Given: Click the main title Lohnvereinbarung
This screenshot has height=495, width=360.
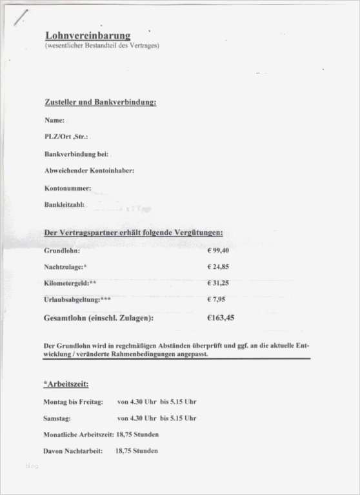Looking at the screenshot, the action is coord(88,35).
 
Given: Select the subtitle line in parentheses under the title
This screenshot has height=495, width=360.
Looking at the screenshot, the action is coord(102,46).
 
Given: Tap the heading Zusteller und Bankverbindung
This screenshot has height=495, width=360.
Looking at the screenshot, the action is coord(101,102).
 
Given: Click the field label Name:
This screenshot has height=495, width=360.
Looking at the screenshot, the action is coord(54,121).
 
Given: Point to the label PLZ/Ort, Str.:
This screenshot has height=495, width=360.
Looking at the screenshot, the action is coord(66,137).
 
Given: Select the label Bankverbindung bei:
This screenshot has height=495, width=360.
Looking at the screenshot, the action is coord(77,155).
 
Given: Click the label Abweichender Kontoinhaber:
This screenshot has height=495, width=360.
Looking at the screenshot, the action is coord(89,171).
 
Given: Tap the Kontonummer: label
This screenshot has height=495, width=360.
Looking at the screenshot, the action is coord(68,188).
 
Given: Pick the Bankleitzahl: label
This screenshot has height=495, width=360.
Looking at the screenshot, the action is coord(65,205).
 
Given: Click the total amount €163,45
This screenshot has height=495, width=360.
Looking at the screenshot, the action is coord(221,318).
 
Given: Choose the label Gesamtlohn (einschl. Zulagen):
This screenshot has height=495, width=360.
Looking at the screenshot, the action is coord(98,318).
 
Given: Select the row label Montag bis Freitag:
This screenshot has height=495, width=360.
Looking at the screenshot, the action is coord(73,402).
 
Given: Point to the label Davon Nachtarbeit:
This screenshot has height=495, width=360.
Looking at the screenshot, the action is coord(72,451).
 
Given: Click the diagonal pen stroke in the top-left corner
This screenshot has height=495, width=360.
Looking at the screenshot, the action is coord(19,17).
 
